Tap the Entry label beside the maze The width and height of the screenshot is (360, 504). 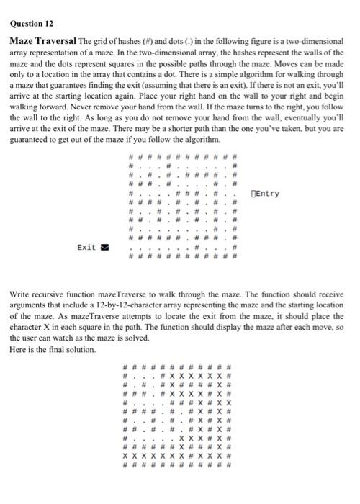pos(268,194)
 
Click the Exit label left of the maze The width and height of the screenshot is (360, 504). pos(86,247)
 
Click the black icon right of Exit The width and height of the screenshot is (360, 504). pos(102,247)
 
